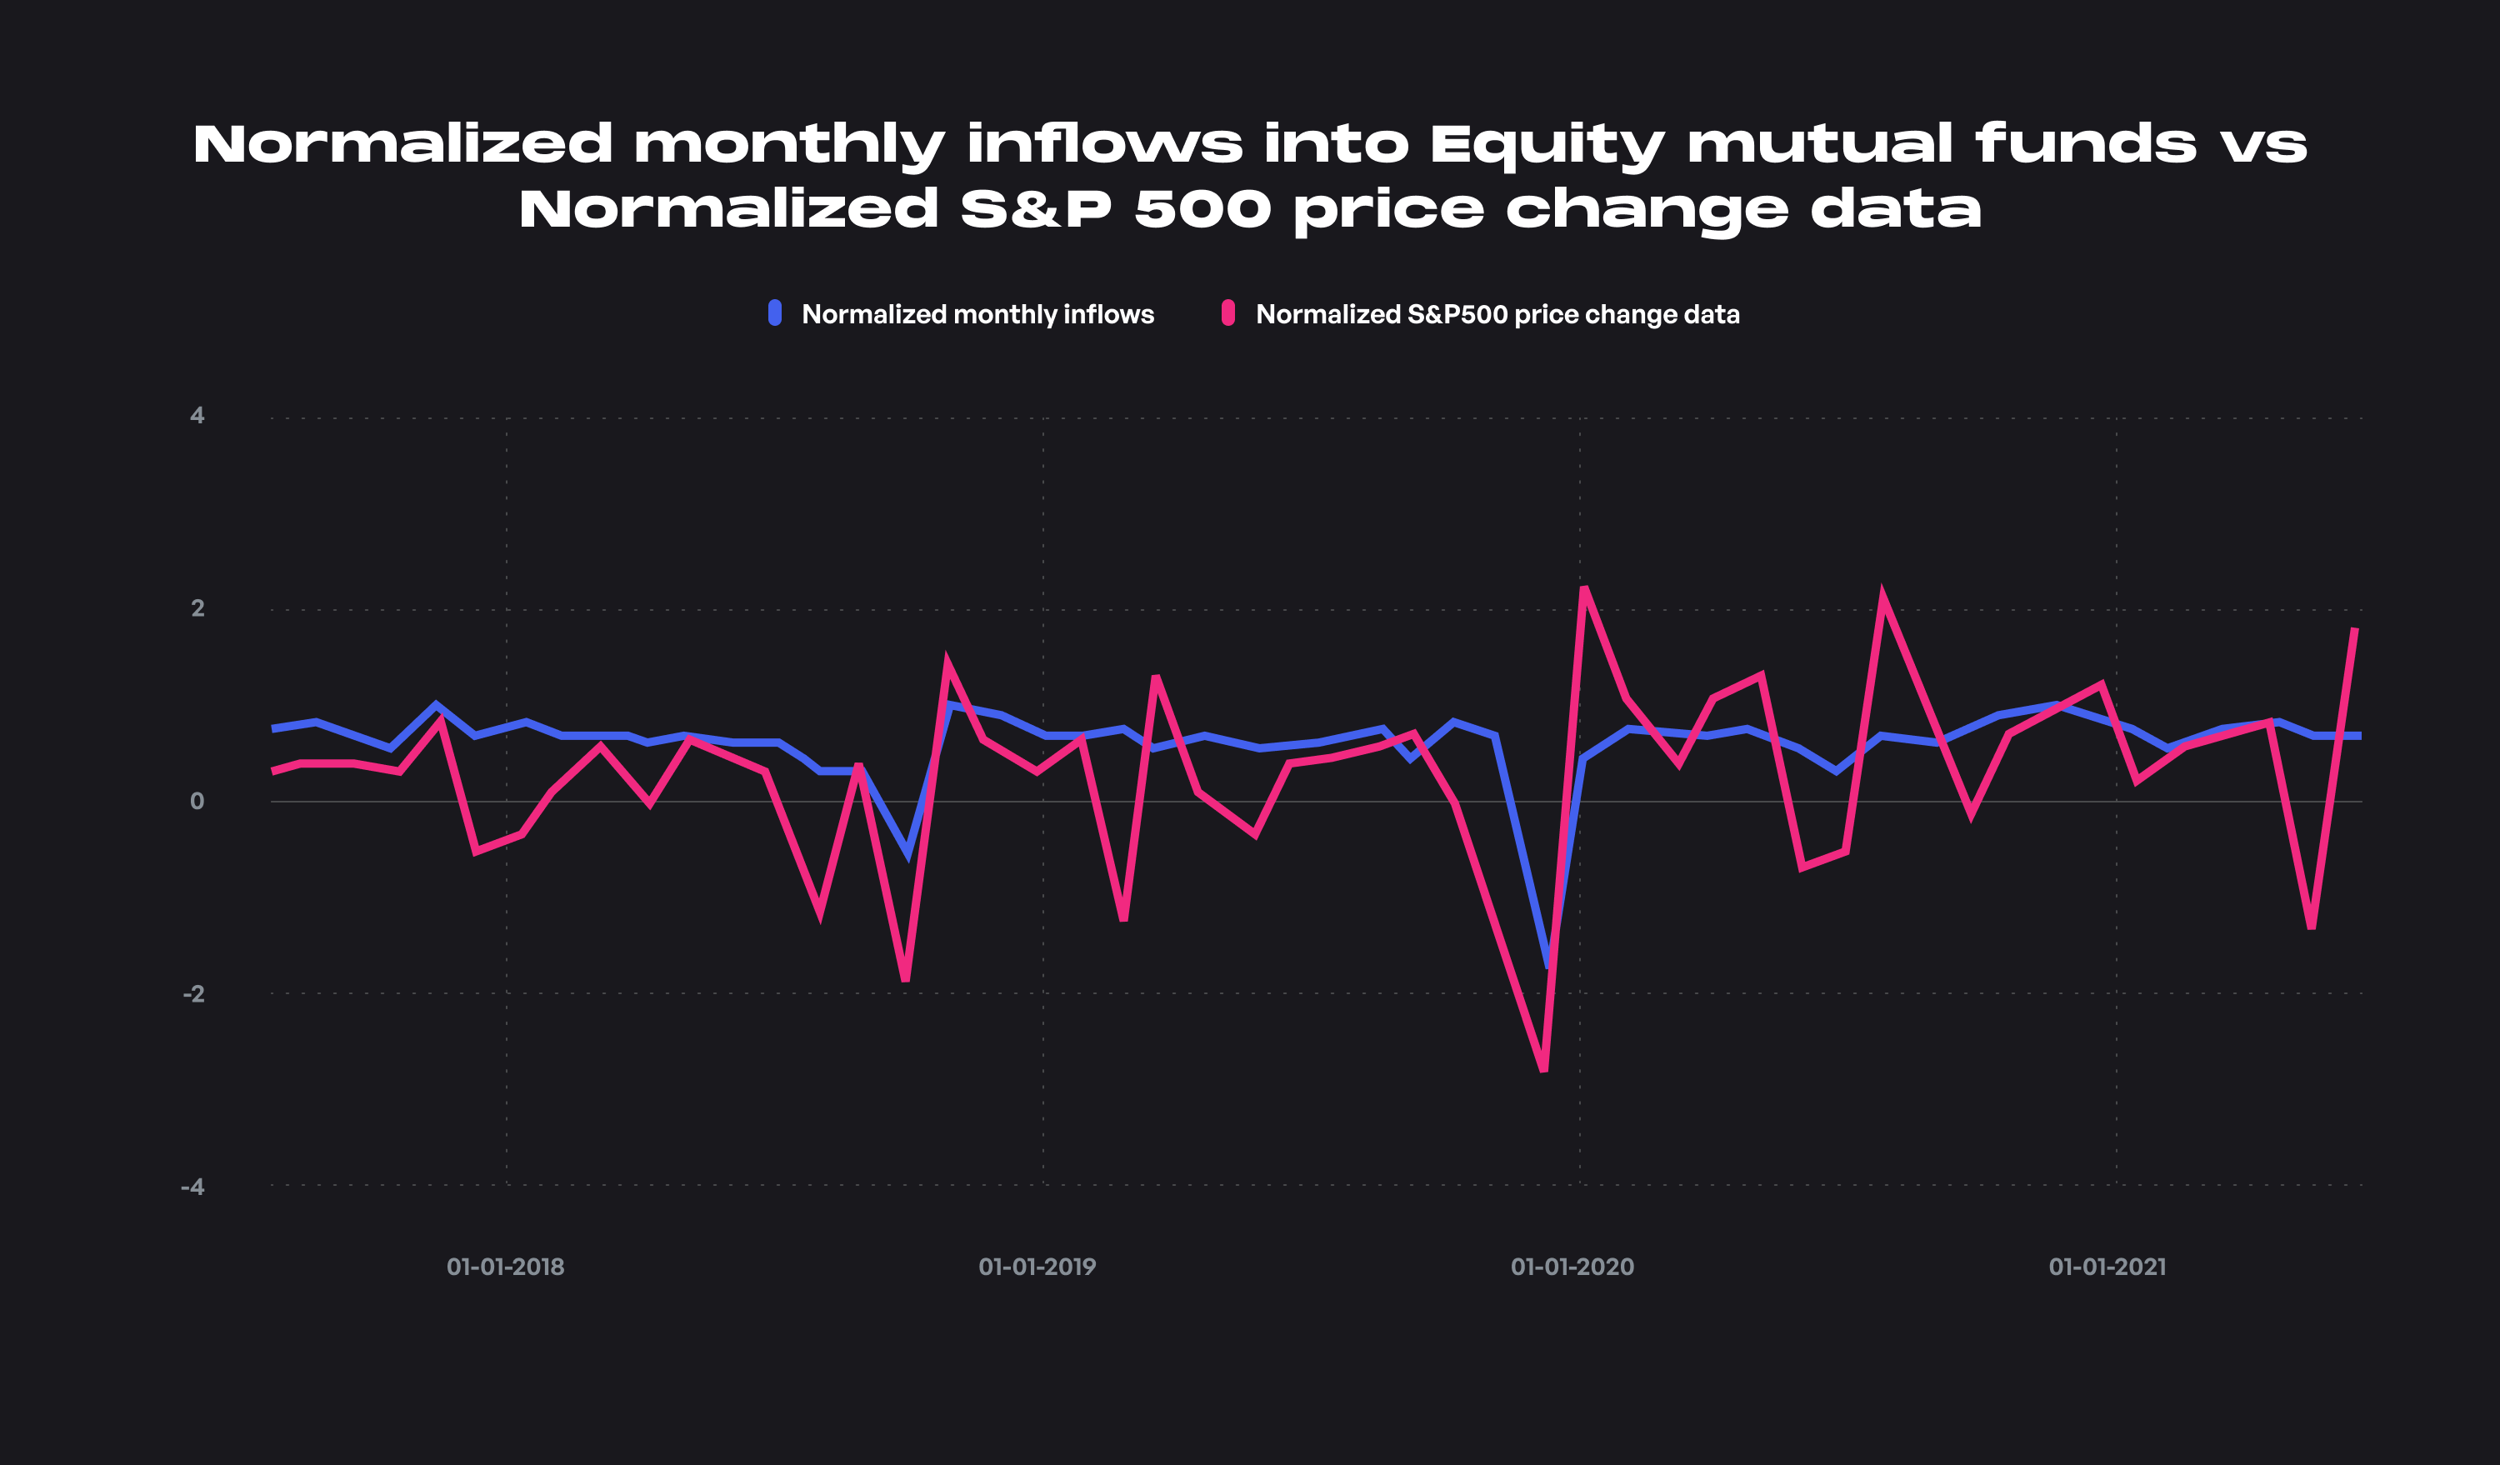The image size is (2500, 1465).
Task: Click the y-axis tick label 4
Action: (197, 416)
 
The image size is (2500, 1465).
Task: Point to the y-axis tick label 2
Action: (197, 608)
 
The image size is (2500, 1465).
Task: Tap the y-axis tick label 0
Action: (197, 802)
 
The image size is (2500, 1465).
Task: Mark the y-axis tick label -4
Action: (193, 1187)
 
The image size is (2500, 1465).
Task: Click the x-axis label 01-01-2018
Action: (505, 1267)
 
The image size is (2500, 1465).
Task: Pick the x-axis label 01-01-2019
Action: (1037, 1267)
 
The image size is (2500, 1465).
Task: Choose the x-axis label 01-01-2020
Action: (1572, 1267)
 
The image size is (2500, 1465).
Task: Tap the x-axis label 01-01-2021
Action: (2107, 1267)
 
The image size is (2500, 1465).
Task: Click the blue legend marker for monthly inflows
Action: (775, 313)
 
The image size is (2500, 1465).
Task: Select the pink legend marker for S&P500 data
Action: (1228, 313)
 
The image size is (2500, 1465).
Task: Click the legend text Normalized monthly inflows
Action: (977, 314)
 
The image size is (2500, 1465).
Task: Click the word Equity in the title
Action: (1547, 145)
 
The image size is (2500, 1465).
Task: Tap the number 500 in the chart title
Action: (1202, 209)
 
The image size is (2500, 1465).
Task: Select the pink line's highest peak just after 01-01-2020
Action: (1584, 588)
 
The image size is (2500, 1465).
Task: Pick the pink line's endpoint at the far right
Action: (2355, 629)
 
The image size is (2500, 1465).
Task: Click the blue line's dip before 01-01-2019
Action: (908, 853)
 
